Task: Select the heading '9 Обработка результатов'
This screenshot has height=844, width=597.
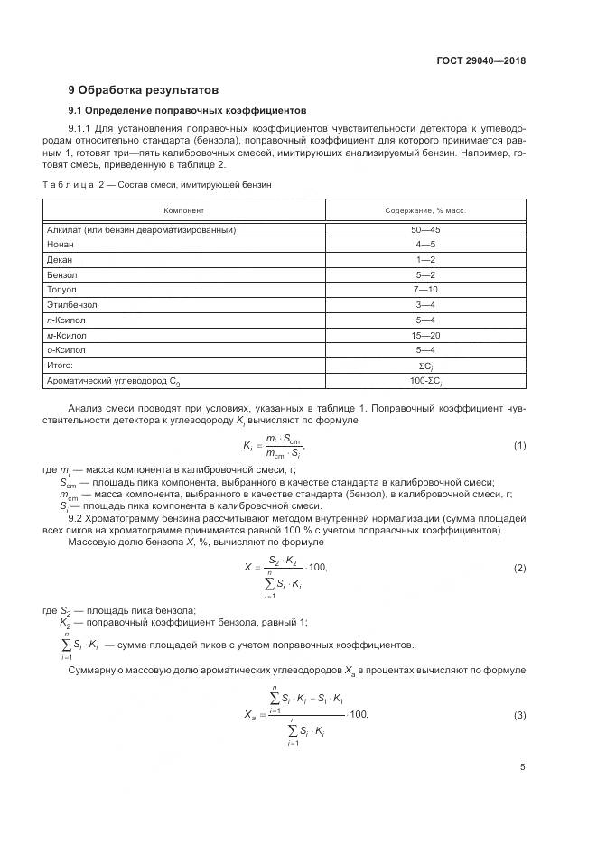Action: [x=144, y=90]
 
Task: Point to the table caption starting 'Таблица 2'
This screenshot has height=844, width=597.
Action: [x=157, y=184]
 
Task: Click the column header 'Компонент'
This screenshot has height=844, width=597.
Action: [x=183, y=210]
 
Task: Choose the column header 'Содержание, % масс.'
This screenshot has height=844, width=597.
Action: [x=424, y=210]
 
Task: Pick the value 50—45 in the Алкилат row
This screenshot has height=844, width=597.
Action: [x=425, y=230]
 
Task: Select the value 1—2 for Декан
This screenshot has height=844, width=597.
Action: [x=425, y=260]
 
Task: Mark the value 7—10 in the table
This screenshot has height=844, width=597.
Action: [x=425, y=290]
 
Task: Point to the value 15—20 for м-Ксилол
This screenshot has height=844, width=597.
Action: [x=425, y=335]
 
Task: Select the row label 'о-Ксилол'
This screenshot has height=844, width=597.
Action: [x=66, y=349]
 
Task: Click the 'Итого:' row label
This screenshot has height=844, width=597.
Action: [x=60, y=365]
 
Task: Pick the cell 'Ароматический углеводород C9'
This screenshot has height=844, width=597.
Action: [x=112, y=381]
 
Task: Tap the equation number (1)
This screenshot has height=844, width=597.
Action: [x=519, y=446]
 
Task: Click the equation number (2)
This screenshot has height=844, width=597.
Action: [x=519, y=568]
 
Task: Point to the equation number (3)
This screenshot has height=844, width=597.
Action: [x=519, y=716]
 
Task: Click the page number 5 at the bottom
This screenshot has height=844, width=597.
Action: [x=523, y=768]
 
